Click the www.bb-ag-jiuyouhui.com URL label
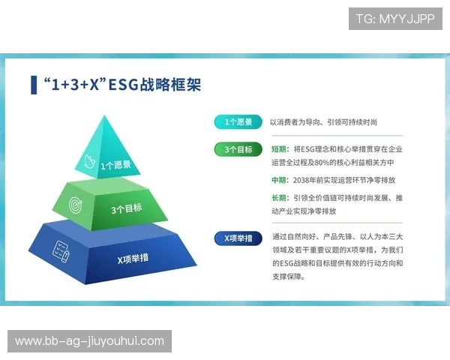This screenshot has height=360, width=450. point(89,341)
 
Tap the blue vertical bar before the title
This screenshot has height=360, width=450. point(34,85)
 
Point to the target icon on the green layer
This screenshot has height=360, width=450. point(76,203)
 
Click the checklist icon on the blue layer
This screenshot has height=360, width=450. point(61,250)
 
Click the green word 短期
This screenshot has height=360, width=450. point(280,149)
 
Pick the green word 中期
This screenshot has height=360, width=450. point(280,181)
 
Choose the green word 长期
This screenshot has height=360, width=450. point(280,198)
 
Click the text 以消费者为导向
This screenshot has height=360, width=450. point(294,122)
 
